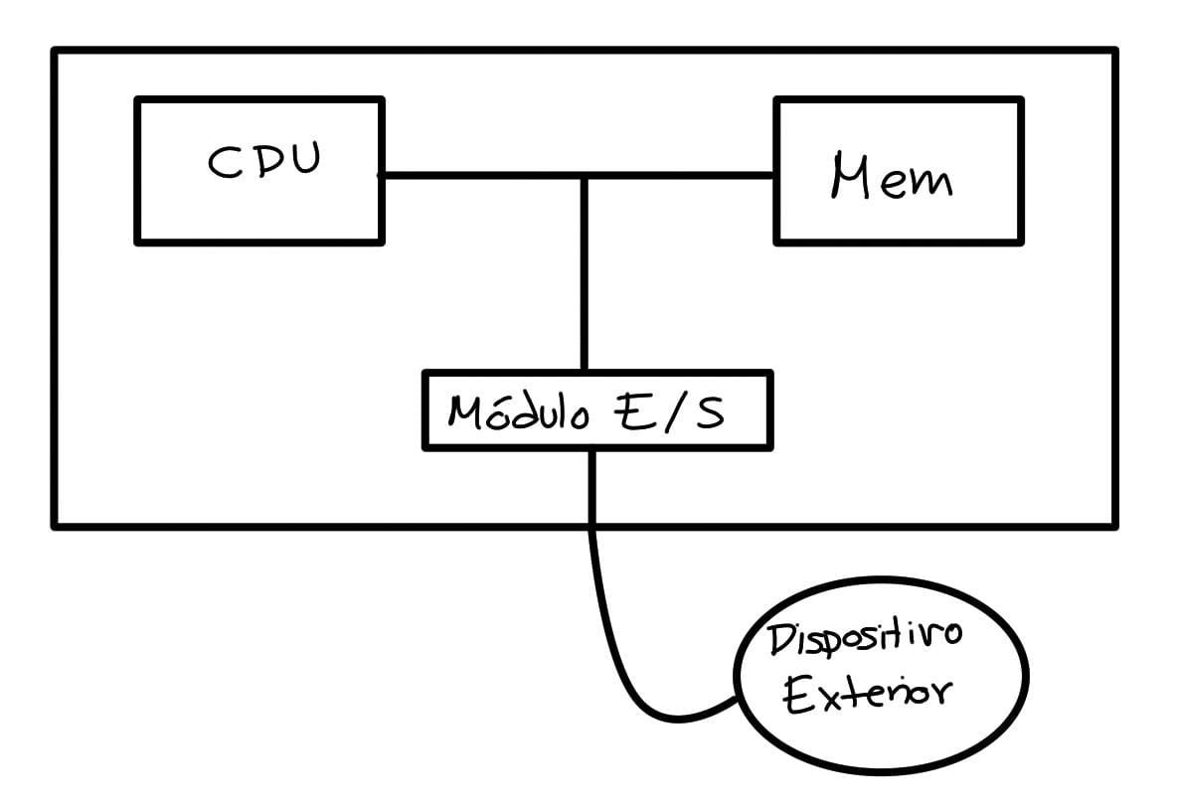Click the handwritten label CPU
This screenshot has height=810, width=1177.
[x=264, y=161]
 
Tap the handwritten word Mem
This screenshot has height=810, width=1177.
[x=891, y=180]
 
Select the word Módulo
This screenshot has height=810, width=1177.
[x=517, y=410]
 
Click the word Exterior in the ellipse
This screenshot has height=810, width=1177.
[x=865, y=692]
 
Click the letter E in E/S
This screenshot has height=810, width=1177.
[x=627, y=410]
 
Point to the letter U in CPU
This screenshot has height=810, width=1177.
[x=303, y=159]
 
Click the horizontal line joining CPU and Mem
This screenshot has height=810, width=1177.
[x=477, y=176]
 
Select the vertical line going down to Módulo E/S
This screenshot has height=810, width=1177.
[x=586, y=278]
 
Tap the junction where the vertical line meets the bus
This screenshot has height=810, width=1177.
[x=586, y=177]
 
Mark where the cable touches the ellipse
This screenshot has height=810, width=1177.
[x=737, y=699]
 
